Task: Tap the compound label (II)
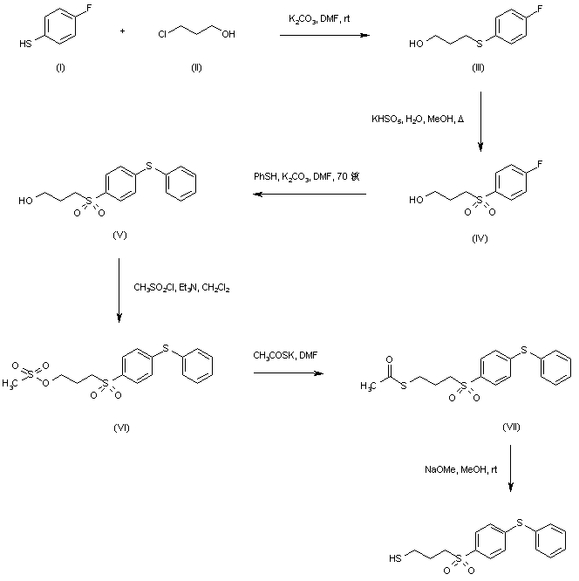point(197,67)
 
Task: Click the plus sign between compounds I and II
point(122,32)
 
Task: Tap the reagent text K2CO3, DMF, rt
point(318,18)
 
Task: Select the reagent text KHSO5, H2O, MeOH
point(412,119)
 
